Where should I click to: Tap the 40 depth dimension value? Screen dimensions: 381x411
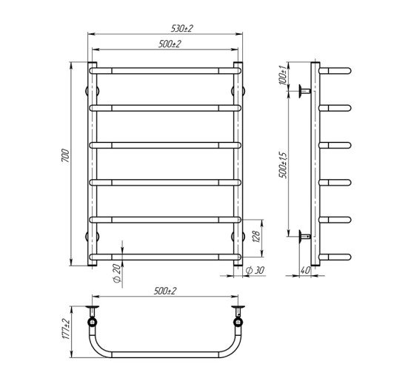304,270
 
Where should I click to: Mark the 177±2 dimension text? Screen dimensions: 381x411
66,326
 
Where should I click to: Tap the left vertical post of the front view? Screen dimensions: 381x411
93,163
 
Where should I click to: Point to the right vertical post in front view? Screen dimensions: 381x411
238,163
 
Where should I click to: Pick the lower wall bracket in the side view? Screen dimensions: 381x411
304,237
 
